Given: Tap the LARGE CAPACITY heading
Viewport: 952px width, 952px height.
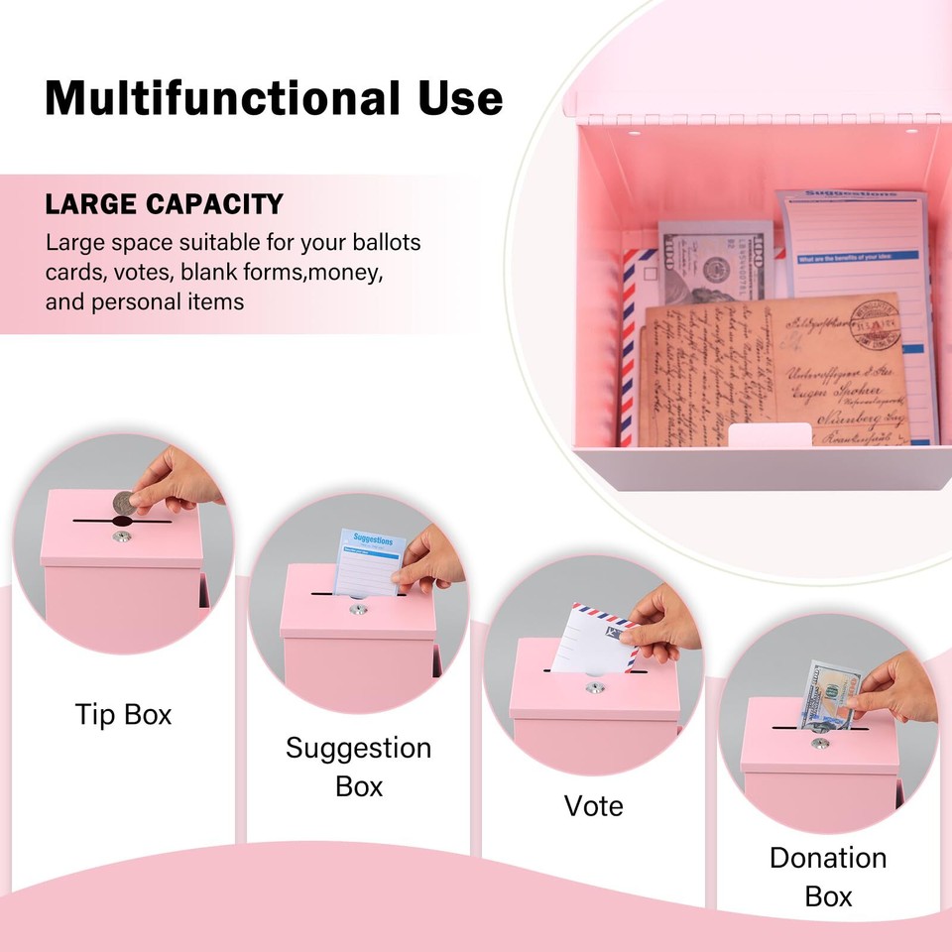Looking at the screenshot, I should (164, 204).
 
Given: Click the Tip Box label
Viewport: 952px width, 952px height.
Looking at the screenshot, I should (123, 714).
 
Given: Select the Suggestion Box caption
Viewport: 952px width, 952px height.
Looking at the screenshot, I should (358, 767).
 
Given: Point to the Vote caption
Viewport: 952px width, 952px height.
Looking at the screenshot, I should (593, 805).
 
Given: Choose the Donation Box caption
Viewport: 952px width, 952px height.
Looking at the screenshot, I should (828, 877).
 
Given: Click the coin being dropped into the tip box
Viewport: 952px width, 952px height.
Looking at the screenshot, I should (123, 504).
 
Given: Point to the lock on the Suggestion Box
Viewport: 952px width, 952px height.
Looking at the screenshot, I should (356, 610).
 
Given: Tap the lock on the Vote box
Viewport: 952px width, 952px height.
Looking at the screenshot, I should (593, 687).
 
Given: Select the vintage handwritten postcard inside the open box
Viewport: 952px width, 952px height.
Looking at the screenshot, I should (773, 372).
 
